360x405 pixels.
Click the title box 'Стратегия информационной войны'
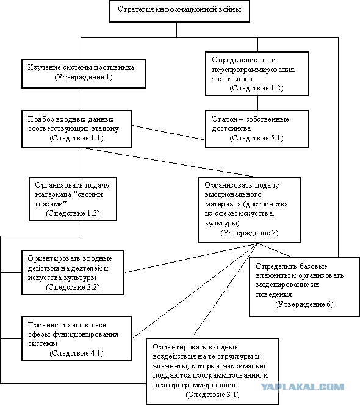click(x=179, y=11)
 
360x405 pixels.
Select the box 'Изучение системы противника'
click(x=84, y=74)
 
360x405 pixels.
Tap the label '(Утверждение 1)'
click(x=84, y=77)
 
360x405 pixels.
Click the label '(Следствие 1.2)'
click(x=256, y=88)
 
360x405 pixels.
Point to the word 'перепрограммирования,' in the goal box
click(x=254, y=70)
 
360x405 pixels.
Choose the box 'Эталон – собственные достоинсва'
click(x=257, y=129)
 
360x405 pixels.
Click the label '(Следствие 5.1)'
click(x=256, y=138)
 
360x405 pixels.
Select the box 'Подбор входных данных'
click(x=76, y=129)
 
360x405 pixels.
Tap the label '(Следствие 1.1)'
click(x=76, y=138)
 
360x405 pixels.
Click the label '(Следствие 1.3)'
click(x=73, y=213)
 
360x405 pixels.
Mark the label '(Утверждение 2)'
click(x=250, y=233)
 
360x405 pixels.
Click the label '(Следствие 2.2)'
click(x=73, y=287)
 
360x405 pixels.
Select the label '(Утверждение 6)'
click(x=304, y=304)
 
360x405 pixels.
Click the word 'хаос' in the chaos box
click(x=75, y=325)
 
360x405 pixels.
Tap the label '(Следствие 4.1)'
click(x=76, y=353)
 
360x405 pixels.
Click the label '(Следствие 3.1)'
click(x=212, y=395)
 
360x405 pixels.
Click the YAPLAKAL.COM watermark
click(x=302, y=387)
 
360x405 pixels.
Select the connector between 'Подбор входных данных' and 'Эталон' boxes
click(x=168, y=133)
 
